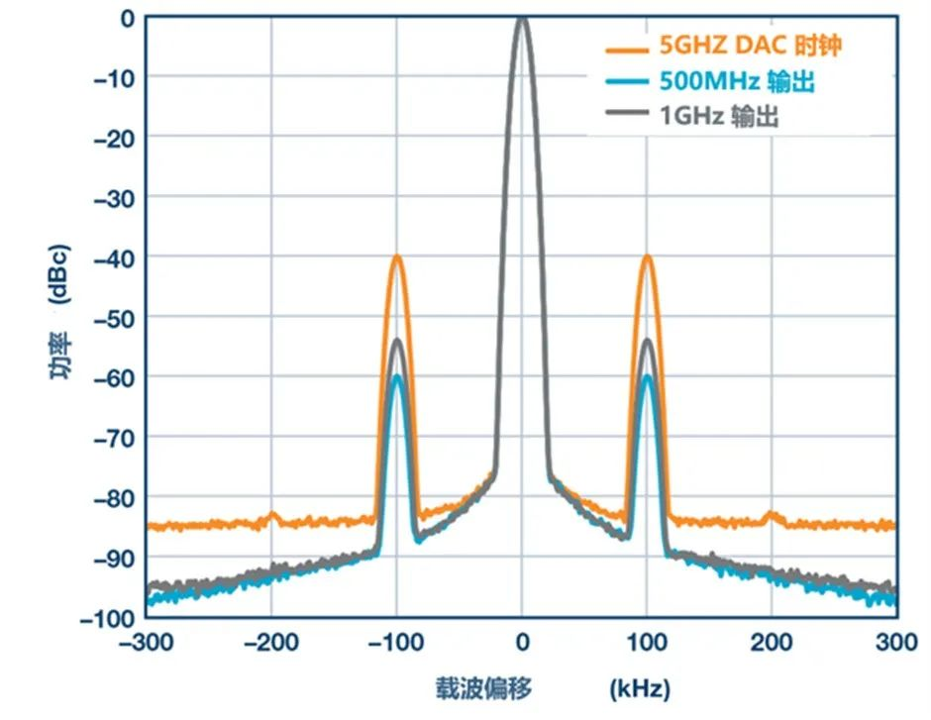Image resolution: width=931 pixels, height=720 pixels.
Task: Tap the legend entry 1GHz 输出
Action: (719, 116)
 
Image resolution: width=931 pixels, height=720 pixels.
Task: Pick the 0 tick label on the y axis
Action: (127, 18)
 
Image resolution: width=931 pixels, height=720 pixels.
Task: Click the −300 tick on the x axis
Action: (147, 643)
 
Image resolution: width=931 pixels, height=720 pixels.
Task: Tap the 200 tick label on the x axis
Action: (772, 643)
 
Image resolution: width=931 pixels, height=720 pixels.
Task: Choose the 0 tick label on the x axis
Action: (522, 643)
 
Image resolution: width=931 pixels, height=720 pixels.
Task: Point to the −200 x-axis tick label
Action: (271, 643)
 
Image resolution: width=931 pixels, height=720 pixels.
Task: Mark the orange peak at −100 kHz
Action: (397, 257)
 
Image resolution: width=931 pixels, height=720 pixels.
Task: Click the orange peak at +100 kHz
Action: (648, 257)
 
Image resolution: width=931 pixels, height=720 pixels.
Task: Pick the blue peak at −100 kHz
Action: (397, 377)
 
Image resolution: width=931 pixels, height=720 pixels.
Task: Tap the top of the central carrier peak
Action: (522, 19)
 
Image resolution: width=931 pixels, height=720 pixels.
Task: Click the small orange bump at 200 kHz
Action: (772, 514)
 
